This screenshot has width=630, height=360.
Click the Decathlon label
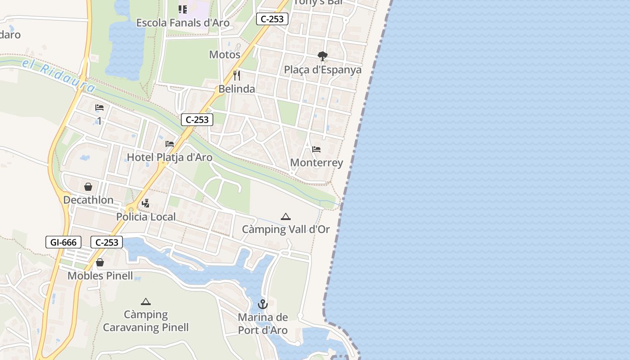click(88, 200)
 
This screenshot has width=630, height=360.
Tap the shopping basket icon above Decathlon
click(88, 187)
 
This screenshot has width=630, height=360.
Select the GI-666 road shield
click(63, 243)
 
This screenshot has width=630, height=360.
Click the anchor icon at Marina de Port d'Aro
click(263, 305)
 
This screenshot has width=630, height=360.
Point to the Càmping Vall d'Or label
click(286, 229)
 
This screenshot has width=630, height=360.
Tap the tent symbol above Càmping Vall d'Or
click(286, 217)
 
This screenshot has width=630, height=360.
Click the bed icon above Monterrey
click(316, 149)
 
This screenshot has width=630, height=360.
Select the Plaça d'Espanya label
click(323, 70)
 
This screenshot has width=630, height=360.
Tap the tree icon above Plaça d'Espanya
click(322, 56)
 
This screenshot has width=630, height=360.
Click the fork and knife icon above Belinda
click(237, 75)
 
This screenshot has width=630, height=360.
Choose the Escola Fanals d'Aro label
click(183, 23)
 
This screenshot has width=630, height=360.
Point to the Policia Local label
click(146, 217)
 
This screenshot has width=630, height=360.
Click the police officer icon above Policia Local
click(145, 203)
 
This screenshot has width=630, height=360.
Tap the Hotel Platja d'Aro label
click(170, 157)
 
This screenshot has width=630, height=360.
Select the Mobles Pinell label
click(100, 276)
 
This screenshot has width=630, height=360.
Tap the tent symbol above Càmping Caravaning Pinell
click(145, 301)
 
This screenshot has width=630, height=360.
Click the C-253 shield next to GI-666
click(107, 243)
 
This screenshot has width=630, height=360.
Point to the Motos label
click(225, 55)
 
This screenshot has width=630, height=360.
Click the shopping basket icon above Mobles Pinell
click(100, 262)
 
